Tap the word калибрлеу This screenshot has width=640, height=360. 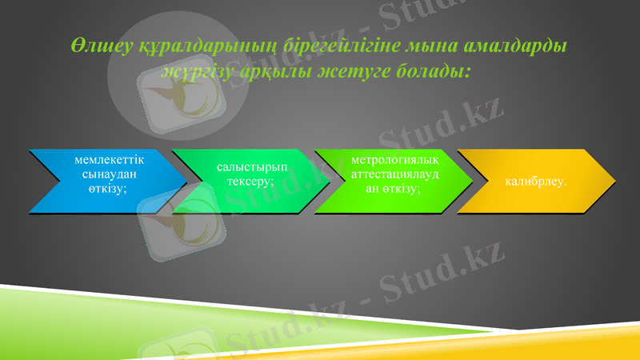click(536, 182)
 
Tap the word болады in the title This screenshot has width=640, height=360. click(434, 72)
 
